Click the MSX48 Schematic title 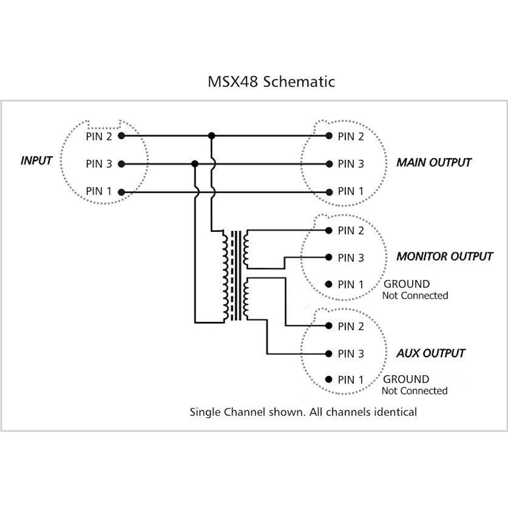[271, 82]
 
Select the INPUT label [37, 161]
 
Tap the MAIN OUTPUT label [434, 162]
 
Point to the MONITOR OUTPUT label [444, 256]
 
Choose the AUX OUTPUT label [431, 353]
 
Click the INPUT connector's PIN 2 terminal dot [121, 136]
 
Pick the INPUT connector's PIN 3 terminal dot [121, 164]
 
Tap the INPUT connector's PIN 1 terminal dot [121, 192]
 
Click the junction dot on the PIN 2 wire [212, 136]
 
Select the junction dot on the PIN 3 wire [194, 164]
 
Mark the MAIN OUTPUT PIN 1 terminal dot [329, 192]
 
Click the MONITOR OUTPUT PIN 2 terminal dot [329, 230]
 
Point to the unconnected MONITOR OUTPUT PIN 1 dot [329, 284]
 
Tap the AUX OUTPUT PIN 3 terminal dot [329, 354]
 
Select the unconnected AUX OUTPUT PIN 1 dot [329, 379]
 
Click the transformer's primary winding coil [225, 276]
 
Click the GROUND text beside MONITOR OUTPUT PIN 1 [406, 284]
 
